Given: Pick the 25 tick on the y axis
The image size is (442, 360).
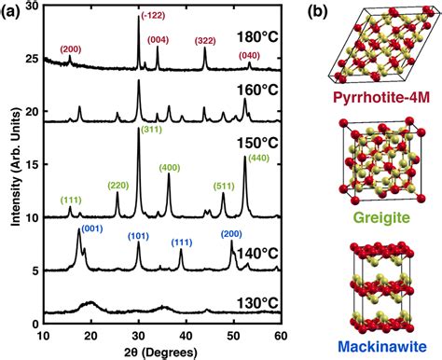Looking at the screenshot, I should [x=32, y=59].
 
